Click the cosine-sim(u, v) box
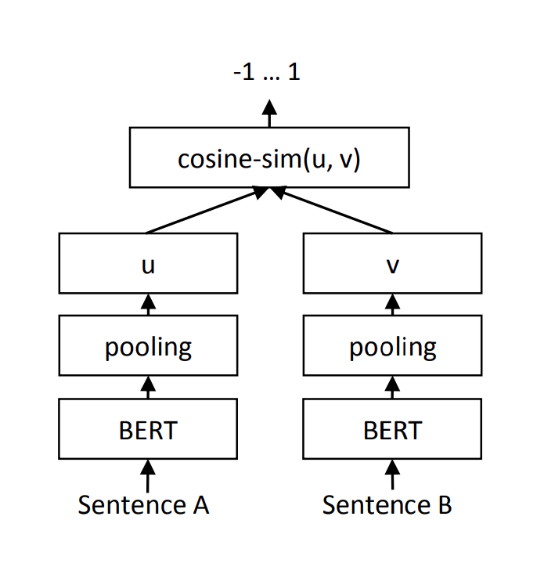(x=269, y=157)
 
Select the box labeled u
(x=148, y=264)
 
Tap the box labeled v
(x=392, y=264)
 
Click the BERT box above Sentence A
(x=148, y=430)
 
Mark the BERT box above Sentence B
(x=392, y=430)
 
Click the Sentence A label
(x=143, y=505)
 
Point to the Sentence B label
(x=387, y=505)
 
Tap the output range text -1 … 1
(x=267, y=73)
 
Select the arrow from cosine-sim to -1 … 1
(x=269, y=114)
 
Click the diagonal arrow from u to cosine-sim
(x=208, y=211)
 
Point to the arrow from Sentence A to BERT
(x=148, y=475)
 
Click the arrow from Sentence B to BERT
(x=392, y=475)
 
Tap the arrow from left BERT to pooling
(x=148, y=388)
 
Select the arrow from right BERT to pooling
(x=392, y=388)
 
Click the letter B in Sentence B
(x=444, y=505)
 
